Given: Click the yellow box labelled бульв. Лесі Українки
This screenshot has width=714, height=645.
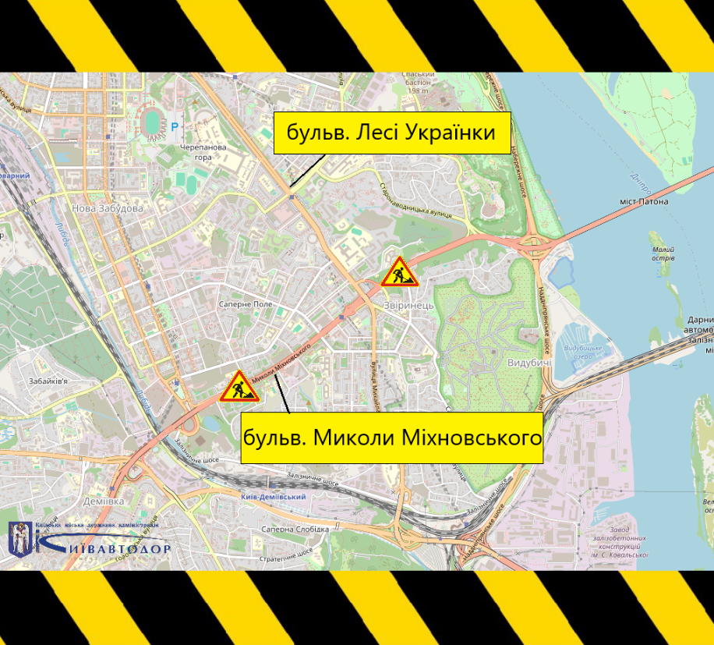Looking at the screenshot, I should (x=391, y=133).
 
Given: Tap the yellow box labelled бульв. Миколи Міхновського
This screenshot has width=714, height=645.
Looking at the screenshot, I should (x=391, y=438).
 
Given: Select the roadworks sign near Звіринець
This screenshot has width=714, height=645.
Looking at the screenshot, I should (x=399, y=272).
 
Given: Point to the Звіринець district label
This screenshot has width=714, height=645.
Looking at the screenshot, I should (x=408, y=305).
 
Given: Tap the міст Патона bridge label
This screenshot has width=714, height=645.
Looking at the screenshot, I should (x=644, y=201).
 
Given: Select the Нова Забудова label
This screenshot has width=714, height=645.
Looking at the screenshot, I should (x=107, y=209).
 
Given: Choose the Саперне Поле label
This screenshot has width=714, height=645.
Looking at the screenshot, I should (x=245, y=304).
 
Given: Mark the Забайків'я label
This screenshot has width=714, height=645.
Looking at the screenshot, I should (x=48, y=381).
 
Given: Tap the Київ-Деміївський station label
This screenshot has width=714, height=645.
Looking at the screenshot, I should (x=274, y=496).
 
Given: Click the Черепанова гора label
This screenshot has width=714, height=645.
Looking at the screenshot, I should (x=203, y=151).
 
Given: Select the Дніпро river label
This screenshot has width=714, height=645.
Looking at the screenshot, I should (x=640, y=182).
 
